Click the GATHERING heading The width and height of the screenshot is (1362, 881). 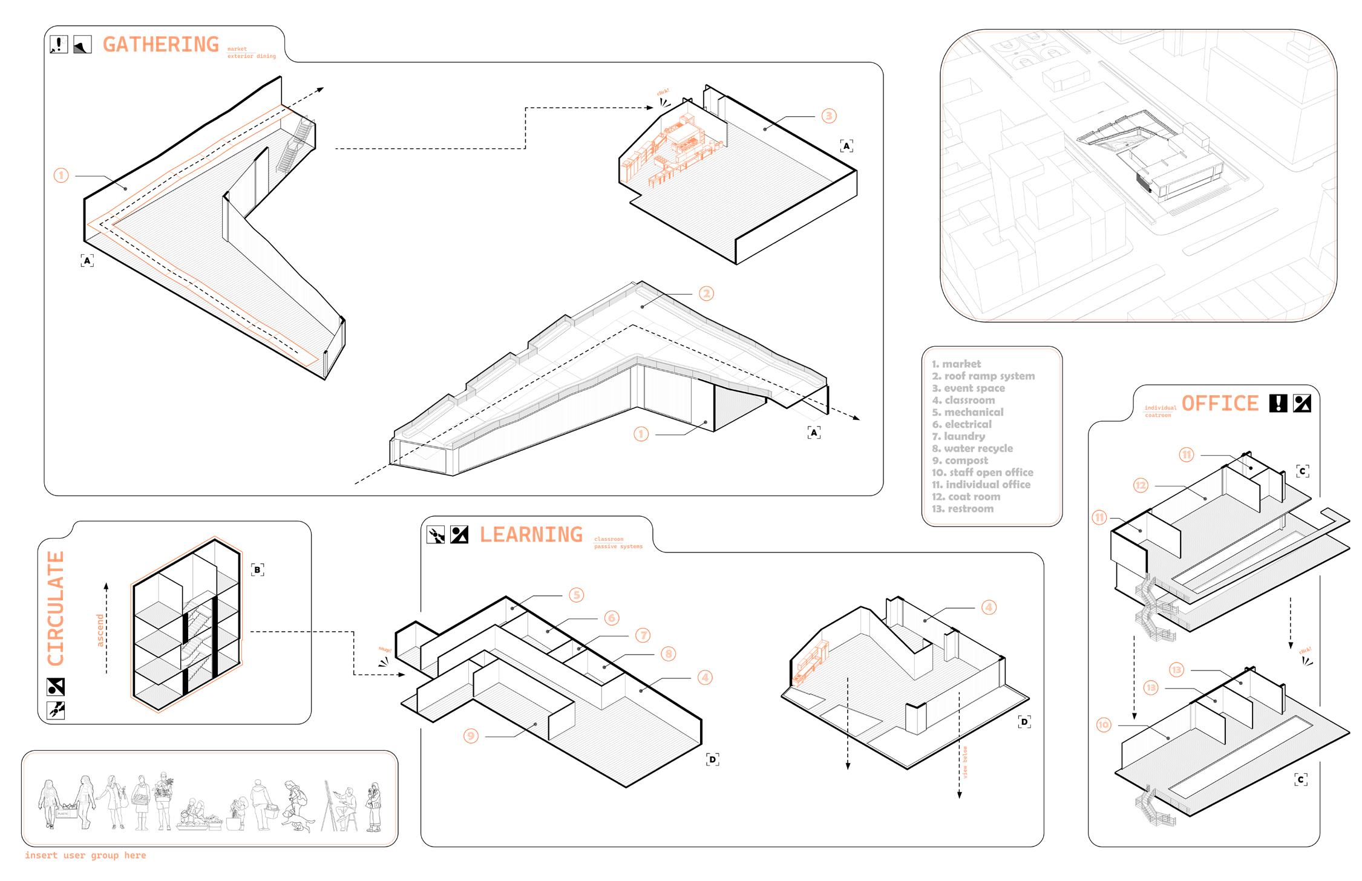click(160, 44)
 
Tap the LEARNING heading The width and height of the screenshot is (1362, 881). click(531, 534)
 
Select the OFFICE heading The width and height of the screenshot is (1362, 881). click(1219, 403)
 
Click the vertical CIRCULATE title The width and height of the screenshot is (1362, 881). click(56, 608)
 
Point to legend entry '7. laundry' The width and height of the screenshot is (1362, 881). click(958, 436)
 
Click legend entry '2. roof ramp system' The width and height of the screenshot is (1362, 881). click(983, 376)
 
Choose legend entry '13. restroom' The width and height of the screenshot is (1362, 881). click(963, 509)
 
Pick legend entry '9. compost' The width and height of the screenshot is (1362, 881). click(960, 460)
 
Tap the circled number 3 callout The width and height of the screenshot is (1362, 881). click(829, 116)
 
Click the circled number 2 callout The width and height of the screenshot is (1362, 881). click(706, 293)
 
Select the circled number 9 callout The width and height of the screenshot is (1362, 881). click(471, 736)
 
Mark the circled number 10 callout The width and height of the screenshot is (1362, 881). click(1104, 724)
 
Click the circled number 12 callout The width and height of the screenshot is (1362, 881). click(1141, 485)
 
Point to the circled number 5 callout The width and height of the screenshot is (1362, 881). click(576, 595)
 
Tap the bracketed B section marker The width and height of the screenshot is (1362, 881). click(258, 569)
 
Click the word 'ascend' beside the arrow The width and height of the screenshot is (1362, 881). click(100, 630)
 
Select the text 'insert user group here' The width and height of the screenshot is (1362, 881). click(85, 855)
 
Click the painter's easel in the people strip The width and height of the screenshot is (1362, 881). click(332, 805)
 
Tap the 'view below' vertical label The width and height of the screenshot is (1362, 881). click(965, 762)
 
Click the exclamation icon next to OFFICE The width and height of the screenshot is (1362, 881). click(1277, 403)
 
